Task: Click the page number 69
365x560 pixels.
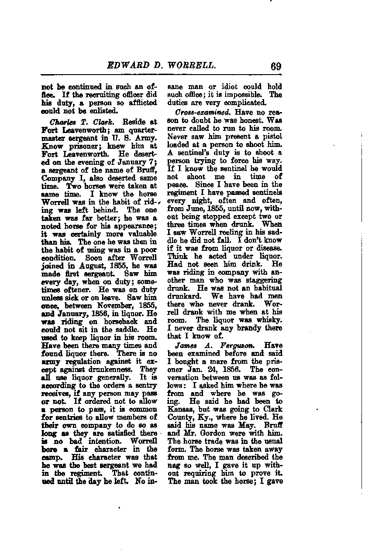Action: (x=275, y=66)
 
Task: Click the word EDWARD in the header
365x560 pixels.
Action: (x=127, y=66)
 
